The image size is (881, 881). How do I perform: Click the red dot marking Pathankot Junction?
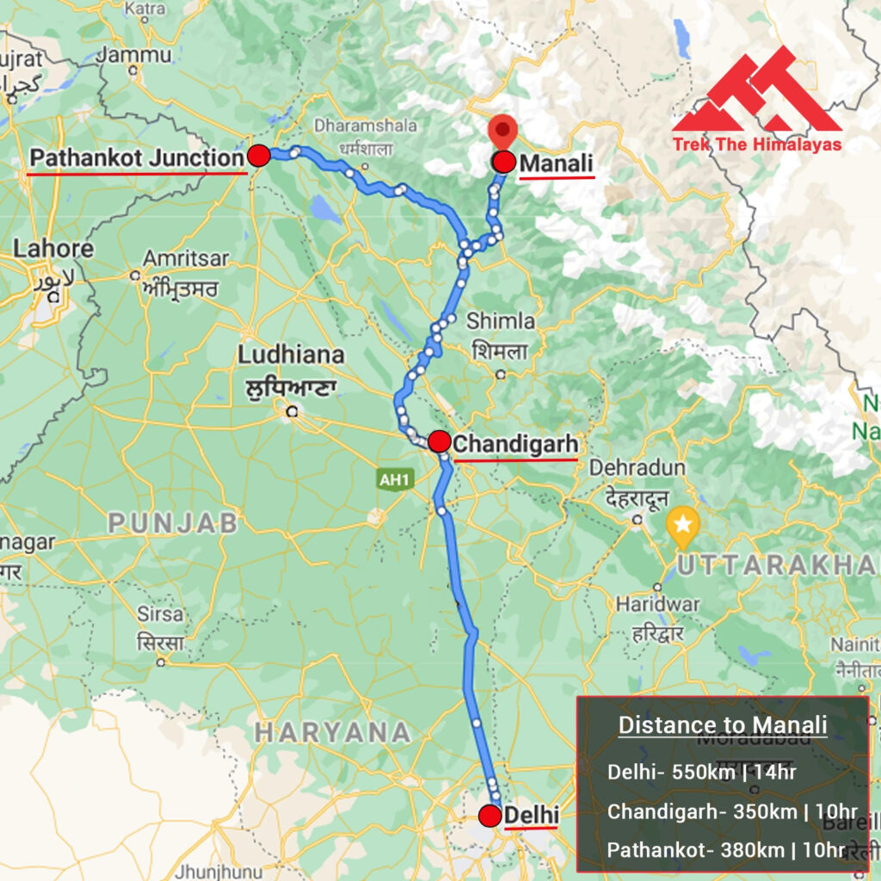coord(259,156)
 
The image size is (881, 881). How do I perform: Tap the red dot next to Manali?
coord(503,162)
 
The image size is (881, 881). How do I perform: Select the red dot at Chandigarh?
coord(439,442)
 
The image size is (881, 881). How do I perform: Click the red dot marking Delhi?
coord(490,816)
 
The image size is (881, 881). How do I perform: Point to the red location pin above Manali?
coord(502,133)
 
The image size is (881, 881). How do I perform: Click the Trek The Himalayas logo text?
coord(756,145)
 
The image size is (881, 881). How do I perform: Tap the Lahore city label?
coord(53,250)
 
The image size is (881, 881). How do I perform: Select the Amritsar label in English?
coord(186,258)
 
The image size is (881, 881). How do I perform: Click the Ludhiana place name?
coord(291,354)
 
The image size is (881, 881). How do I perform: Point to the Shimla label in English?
coord(500,321)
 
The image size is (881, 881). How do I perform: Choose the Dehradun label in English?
coord(638,467)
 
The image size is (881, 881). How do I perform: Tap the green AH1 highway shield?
coord(393,480)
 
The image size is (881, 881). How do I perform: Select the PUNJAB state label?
coord(172,522)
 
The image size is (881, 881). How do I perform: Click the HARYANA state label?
coord(332,732)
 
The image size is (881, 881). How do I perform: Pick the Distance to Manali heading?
coord(723,725)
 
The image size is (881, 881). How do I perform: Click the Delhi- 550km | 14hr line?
coord(701,772)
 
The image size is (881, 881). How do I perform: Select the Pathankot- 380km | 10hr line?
coord(726,850)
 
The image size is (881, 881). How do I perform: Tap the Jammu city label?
coord(133,55)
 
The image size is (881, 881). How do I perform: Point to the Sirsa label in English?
coord(160,614)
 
